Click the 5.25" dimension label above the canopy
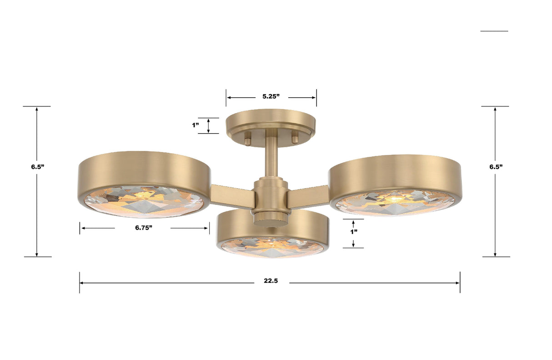(x=271, y=97)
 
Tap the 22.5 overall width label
(x=271, y=281)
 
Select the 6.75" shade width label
(x=143, y=228)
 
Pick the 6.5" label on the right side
(x=496, y=167)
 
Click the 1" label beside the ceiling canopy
(x=196, y=125)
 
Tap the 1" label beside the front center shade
(x=353, y=231)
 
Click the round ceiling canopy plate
(x=271, y=120)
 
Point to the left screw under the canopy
(x=247, y=138)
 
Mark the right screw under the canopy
(x=295, y=138)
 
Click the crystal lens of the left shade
(x=144, y=201)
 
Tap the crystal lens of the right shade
(x=395, y=202)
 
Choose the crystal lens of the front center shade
(x=272, y=247)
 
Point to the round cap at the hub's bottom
(x=271, y=219)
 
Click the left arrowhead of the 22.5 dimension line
(x=82, y=283)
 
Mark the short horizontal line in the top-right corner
(x=494, y=31)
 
